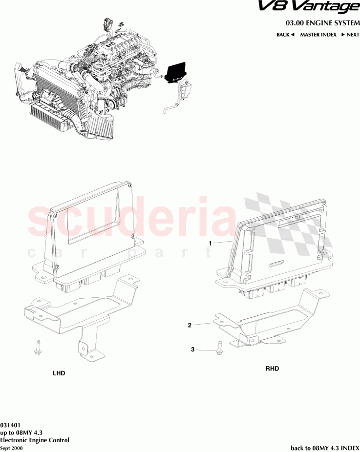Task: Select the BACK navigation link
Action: point(285,35)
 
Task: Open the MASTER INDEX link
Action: point(318,35)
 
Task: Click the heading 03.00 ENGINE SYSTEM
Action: point(323,23)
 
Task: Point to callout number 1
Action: point(210,243)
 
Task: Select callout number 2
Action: point(190,325)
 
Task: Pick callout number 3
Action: point(192,349)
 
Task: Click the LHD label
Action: point(59,373)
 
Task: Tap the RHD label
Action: point(272,369)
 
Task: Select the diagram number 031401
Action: point(10,425)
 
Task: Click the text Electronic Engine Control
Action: point(35,440)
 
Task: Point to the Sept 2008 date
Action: point(11,448)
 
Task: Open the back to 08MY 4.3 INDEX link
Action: point(325,448)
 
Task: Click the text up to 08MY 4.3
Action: point(21,432)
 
